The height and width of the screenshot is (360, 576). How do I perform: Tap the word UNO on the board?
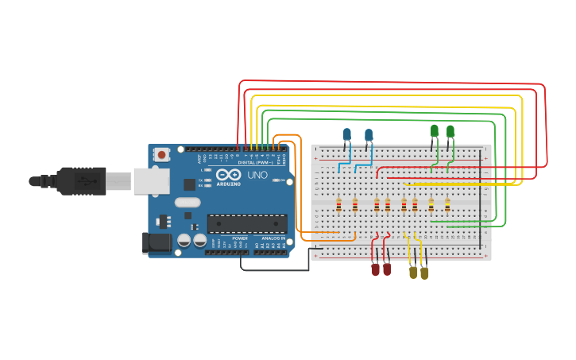[257, 175]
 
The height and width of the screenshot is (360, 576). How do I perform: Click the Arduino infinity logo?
[228, 175]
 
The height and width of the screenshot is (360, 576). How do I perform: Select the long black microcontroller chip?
[247, 223]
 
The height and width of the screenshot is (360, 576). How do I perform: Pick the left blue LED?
[347, 134]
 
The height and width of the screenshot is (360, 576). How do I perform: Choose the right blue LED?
[369, 135]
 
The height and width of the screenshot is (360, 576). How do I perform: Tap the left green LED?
[435, 130]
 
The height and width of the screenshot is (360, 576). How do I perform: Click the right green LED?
[450, 131]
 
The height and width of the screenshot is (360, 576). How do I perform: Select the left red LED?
[376, 269]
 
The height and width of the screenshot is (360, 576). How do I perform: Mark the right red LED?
[387, 269]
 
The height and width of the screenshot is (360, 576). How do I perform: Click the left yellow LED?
[413, 273]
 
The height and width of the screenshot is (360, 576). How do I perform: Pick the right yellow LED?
[424, 273]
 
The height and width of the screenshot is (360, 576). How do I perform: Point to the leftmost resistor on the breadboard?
[339, 206]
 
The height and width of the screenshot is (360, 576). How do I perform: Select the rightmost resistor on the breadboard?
[447, 206]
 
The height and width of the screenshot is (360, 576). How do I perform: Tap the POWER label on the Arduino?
[240, 238]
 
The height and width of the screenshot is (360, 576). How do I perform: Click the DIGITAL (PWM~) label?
[255, 162]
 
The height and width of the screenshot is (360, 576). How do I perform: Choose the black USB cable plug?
[81, 181]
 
